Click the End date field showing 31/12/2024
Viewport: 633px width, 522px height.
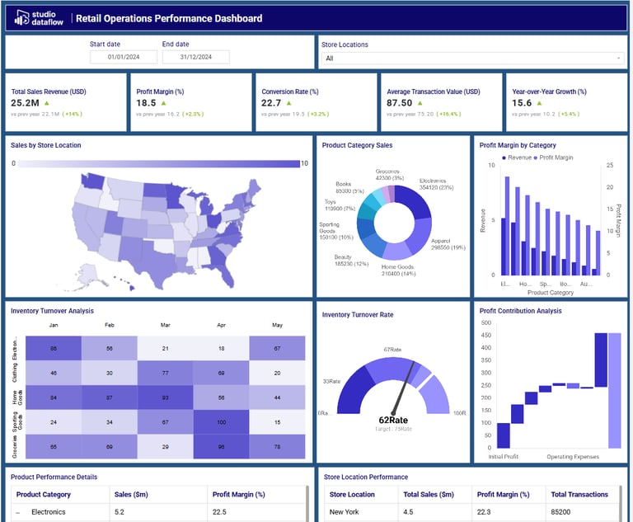click(x=195, y=57)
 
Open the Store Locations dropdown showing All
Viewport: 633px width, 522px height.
click(x=472, y=58)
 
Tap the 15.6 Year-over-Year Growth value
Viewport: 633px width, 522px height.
click(x=522, y=103)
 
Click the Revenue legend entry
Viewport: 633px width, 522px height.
click(x=515, y=157)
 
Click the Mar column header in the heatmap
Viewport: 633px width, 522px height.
click(x=165, y=325)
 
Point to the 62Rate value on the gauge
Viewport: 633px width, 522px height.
click(x=394, y=420)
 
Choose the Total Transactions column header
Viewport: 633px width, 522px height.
click(x=579, y=495)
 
